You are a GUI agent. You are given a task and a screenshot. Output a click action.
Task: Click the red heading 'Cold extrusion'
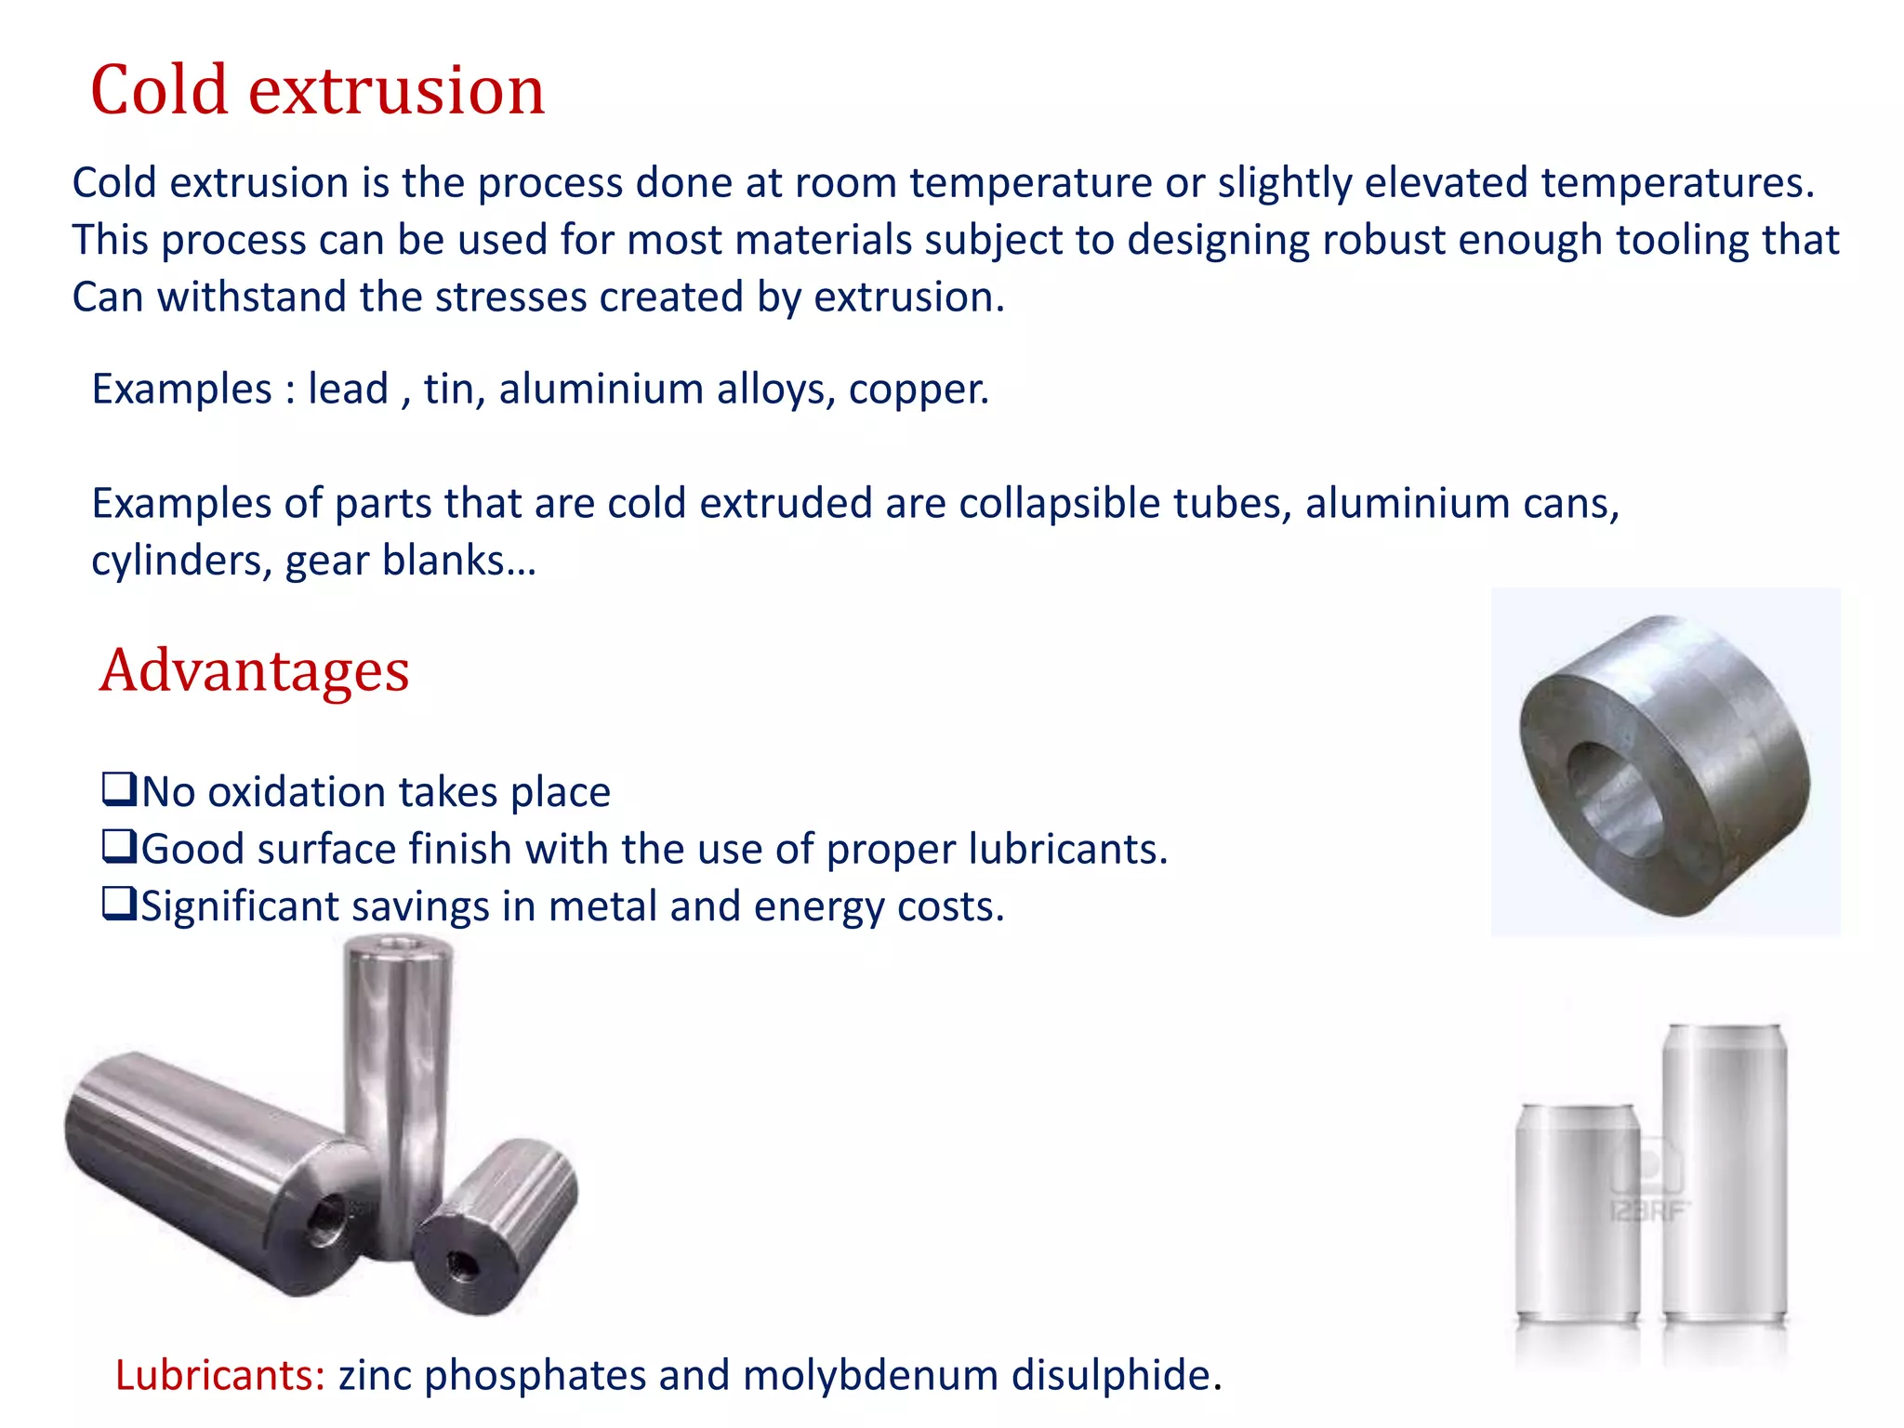(x=317, y=90)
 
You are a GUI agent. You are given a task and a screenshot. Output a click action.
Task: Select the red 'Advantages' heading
(x=254, y=670)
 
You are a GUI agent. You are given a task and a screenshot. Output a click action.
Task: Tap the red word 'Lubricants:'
(x=219, y=1375)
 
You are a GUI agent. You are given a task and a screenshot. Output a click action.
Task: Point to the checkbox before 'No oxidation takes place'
(x=119, y=790)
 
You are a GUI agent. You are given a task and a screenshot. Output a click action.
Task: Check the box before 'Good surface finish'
(x=119, y=847)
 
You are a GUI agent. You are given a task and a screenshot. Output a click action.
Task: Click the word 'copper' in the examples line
(x=915, y=389)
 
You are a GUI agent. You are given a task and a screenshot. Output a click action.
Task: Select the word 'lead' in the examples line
(x=348, y=389)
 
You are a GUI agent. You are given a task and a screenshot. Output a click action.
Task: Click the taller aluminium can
(x=1725, y=1171)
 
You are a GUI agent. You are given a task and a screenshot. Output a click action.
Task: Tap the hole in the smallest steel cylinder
(x=459, y=1264)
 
